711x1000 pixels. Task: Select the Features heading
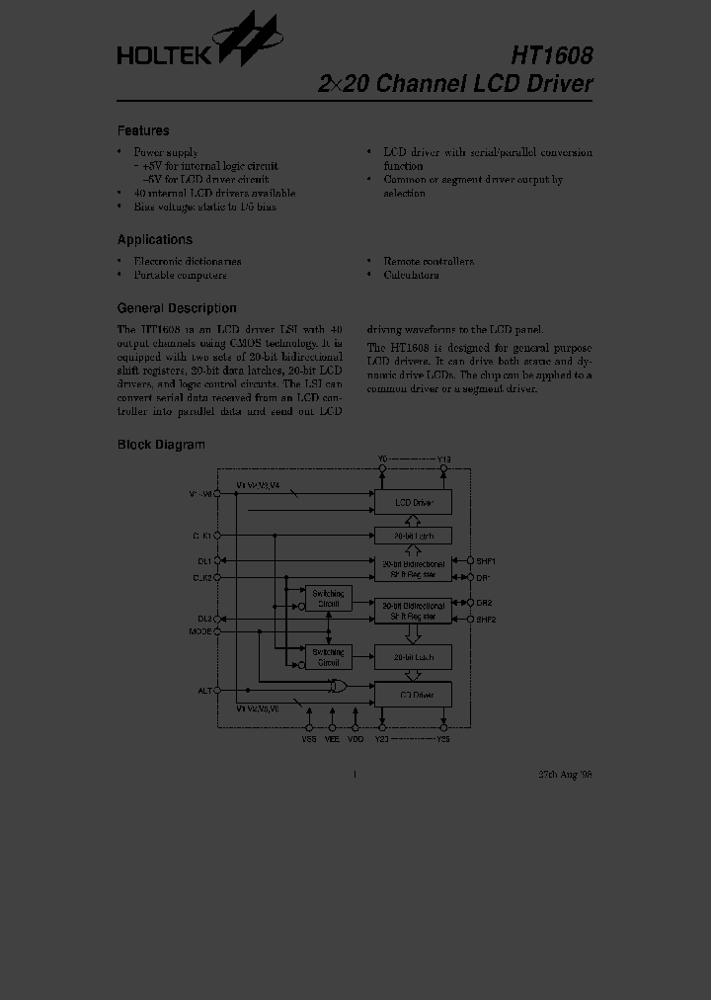coord(143,130)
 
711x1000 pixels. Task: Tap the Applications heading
coord(155,239)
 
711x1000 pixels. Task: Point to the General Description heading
coord(177,307)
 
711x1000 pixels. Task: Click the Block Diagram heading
coord(161,445)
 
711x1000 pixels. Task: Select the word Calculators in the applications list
coord(411,276)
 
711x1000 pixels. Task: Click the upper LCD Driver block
coord(413,503)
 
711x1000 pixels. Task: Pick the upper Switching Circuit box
coord(327,599)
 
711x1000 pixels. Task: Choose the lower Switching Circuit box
coord(327,657)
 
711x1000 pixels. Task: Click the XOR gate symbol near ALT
coord(339,687)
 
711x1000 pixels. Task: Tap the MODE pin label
coord(200,630)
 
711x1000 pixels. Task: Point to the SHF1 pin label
coord(486,560)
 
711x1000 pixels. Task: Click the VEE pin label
coord(332,737)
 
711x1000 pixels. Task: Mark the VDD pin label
coord(355,737)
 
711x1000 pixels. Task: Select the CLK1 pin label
coord(201,535)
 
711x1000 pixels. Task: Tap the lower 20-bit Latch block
coord(413,657)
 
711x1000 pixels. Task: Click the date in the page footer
coord(565,775)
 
